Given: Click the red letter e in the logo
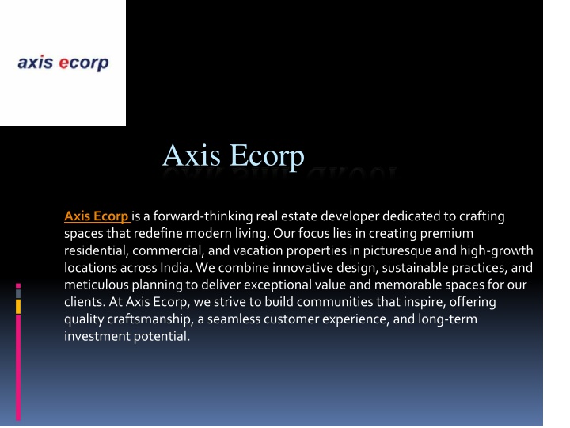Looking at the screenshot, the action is [63, 63].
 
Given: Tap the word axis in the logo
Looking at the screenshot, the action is [36, 63].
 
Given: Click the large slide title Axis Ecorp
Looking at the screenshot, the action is [233, 155].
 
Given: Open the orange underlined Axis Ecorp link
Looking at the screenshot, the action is [97, 216].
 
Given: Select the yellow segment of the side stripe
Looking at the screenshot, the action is [18, 307].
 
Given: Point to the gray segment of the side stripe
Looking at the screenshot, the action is [18, 293].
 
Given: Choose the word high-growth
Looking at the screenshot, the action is [496, 250].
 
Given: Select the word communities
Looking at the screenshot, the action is [335, 302].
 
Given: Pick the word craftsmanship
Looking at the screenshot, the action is [150, 319].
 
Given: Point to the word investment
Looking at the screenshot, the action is [97, 336].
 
